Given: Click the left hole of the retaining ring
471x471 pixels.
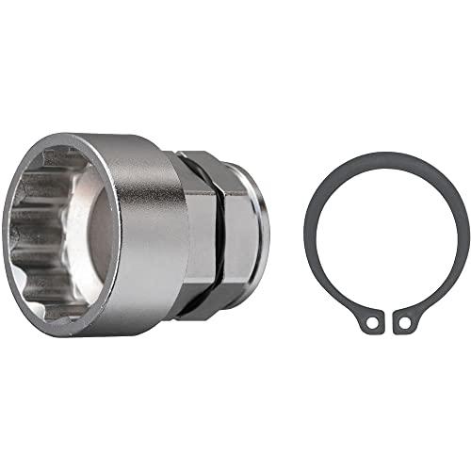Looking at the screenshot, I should click(373, 322).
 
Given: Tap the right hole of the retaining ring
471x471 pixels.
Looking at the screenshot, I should click(404, 322).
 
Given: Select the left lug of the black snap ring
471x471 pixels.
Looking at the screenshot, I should click(370, 320).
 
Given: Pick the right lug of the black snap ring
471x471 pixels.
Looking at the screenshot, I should click(406, 320).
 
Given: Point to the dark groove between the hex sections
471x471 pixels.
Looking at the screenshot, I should click(219, 235).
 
